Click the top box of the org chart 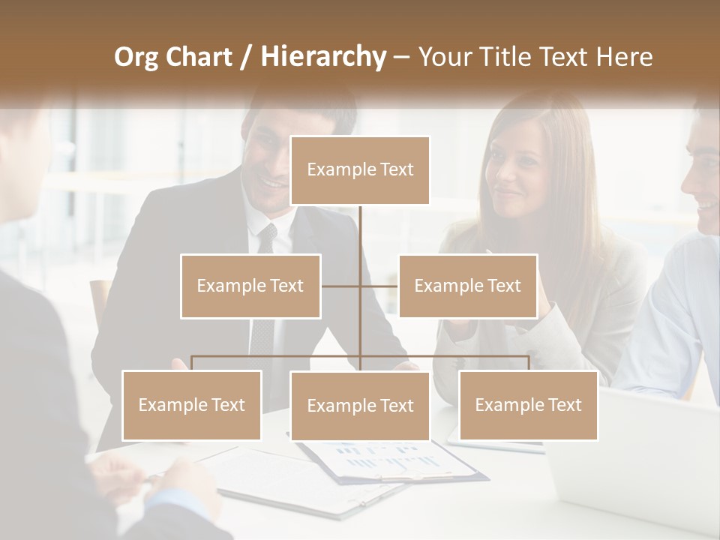click(x=360, y=170)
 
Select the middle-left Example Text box click(x=250, y=286)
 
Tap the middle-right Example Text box click(x=467, y=286)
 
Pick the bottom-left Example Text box click(x=192, y=405)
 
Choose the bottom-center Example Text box click(x=360, y=406)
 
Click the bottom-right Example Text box click(x=528, y=405)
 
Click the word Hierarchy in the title click(x=323, y=56)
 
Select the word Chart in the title click(x=200, y=56)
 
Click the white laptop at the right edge click(x=637, y=457)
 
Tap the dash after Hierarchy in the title click(x=401, y=57)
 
